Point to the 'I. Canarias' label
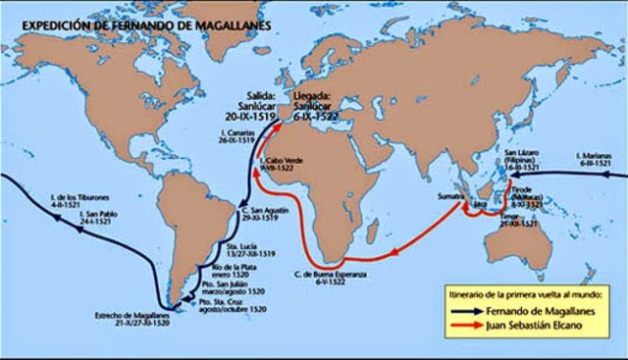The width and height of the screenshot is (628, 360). coord(221,133)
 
